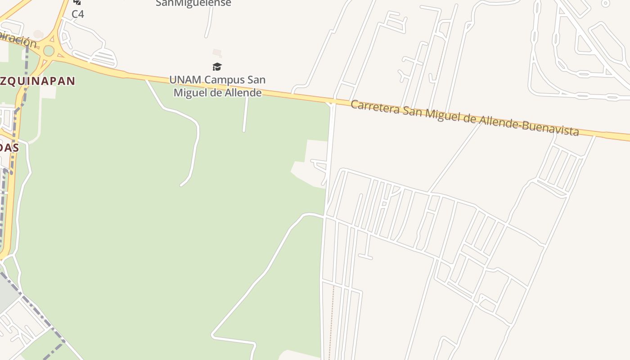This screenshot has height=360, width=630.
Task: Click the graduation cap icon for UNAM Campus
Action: pos(217,67)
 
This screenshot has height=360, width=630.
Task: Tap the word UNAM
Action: pos(185,80)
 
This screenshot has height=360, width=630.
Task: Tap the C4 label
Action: pos(77,14)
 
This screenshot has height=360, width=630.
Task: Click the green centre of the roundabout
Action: pos(49,51)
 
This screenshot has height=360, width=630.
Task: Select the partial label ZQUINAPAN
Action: pos(38,81)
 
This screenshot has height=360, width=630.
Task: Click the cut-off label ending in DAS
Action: pos(9,148)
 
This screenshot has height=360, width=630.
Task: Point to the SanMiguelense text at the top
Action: pos(193,4)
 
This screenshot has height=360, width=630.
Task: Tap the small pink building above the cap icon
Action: pos(217,52)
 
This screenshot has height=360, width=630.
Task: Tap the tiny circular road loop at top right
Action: pos(606,3)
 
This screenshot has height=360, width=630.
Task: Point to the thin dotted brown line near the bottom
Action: pos(333,319)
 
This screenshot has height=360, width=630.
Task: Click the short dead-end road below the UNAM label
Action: pos(245,115)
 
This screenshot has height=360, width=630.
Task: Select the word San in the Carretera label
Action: pos(412,111)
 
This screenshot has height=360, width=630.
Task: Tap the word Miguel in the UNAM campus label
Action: pos(190,93)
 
